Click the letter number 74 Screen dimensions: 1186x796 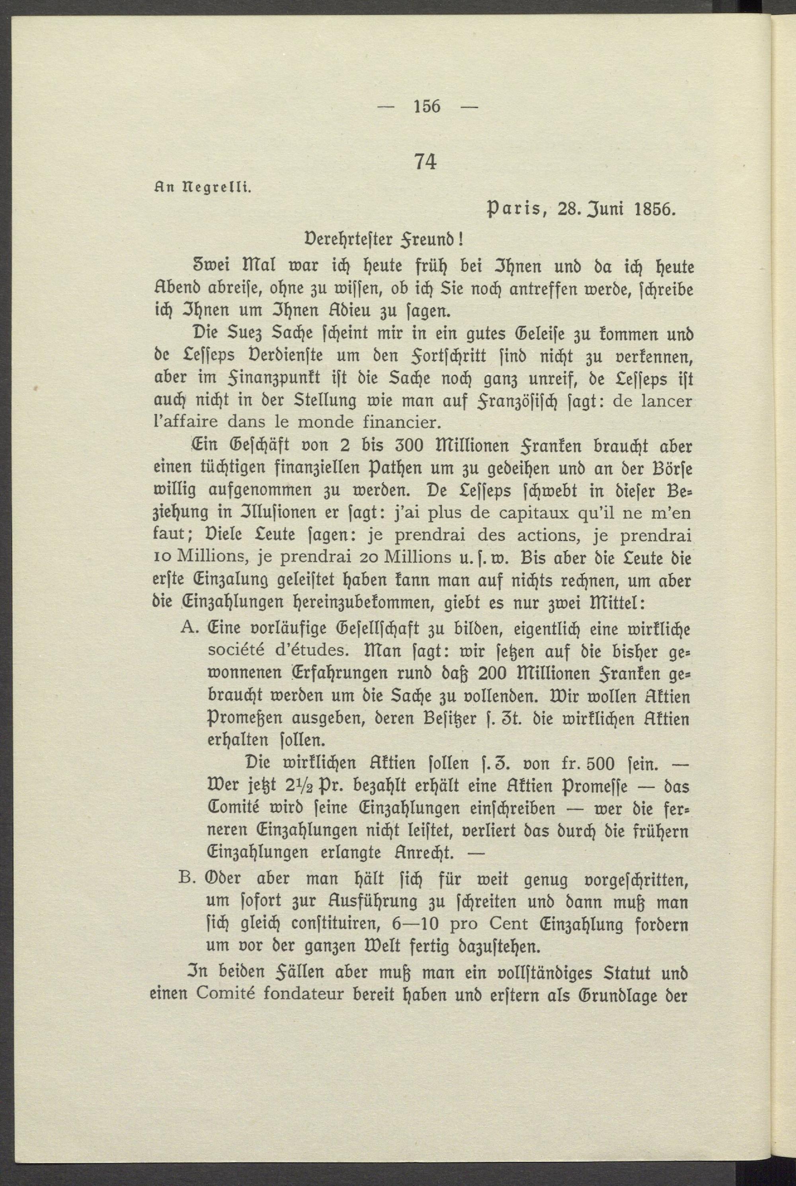(425, 162)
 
